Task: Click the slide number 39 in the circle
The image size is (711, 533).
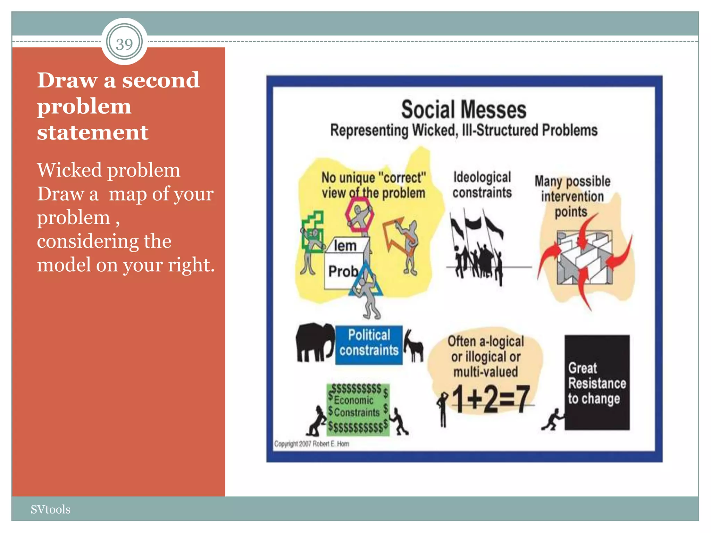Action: (124, 44)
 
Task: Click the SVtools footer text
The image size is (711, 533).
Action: (50, 509)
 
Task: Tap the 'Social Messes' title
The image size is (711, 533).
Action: (464, 110)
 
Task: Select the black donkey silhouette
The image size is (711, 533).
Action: (414, 346)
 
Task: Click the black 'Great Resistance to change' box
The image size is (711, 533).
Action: (597, 382)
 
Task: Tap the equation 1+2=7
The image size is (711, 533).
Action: (490, 399)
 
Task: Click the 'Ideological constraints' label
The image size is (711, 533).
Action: (482, 185)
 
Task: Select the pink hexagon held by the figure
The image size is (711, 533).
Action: (359, 214)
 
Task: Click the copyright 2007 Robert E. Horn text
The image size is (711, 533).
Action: (311, 444)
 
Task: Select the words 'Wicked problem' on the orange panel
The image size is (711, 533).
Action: (109, 170)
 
